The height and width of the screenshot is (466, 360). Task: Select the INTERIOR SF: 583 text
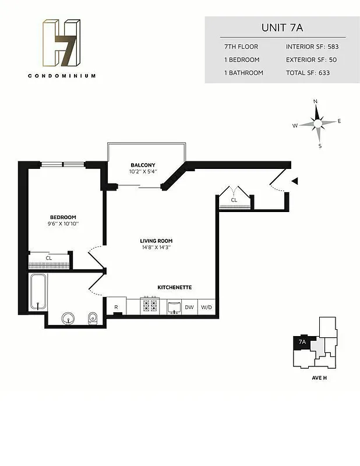312,46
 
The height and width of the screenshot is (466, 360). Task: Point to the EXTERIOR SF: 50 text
312,59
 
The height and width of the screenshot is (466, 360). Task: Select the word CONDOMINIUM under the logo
61,76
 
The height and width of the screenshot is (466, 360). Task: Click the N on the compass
316,101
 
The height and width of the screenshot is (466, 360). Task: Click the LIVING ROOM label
156,241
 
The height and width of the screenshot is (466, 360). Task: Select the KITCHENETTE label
175,288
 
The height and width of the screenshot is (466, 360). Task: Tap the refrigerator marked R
116,307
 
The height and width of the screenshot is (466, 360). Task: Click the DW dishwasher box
189,307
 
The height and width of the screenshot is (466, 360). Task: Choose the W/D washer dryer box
206,307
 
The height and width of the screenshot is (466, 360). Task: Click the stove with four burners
150,306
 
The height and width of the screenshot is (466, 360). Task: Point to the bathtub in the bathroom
38,292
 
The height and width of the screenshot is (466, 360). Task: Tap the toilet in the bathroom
93,317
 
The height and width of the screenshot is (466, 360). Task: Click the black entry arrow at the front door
295,182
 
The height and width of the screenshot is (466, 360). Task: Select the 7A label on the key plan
302,342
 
